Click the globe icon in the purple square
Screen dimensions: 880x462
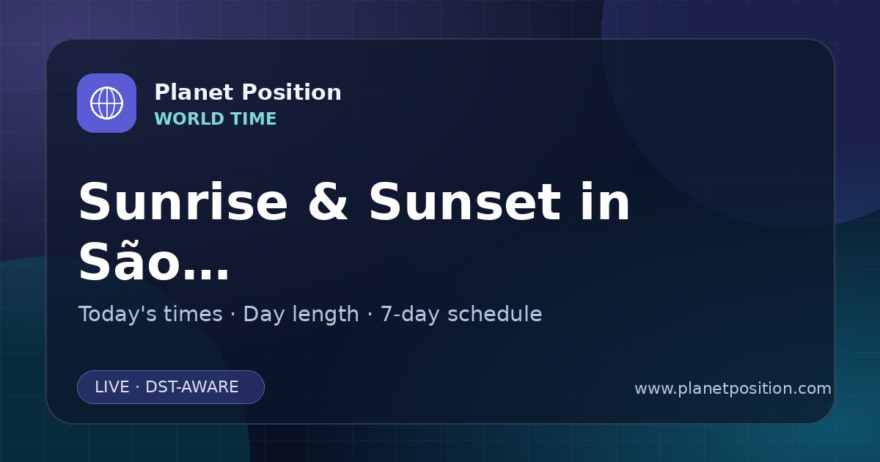point(106,103)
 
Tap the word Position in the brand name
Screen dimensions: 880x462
point(292,92)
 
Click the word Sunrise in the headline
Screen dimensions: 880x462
point(183,202)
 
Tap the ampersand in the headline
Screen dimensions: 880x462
point(328,202)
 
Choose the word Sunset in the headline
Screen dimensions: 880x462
point(465,202)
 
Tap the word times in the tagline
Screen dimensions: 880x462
point(193,314)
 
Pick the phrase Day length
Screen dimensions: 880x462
point(301,315)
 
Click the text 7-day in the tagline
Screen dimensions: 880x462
point(410,315)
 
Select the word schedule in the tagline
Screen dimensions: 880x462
point(495,314)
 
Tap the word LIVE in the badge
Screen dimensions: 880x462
point(112,387)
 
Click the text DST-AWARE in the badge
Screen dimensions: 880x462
point(192,387)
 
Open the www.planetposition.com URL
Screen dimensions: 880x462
point(733,389)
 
